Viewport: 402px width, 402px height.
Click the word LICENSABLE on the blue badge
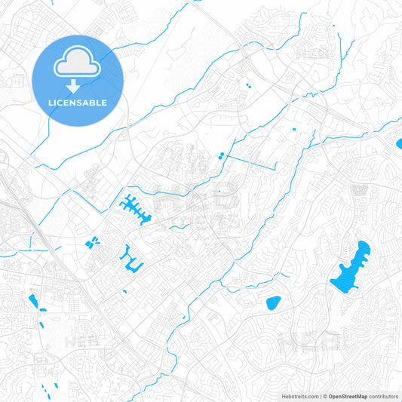coord(78,102)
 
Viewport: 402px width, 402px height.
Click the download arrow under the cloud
coord(78,85)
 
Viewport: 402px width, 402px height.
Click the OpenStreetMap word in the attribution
coord(348,396)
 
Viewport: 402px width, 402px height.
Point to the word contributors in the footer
coord(384,396)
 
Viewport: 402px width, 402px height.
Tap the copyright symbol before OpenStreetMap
coord(325,396)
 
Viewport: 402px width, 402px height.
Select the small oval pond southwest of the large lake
coord(273,303)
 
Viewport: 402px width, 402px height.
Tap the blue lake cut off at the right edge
coord(398,142)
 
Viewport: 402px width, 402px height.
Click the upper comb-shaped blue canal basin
coord(135,207)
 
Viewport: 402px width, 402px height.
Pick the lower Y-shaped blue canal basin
coord(130,258)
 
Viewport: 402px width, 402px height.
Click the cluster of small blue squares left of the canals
coord(93,243)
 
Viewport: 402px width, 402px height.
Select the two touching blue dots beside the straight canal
coord(220,156)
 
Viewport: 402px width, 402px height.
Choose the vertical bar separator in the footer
coord(321,396)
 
